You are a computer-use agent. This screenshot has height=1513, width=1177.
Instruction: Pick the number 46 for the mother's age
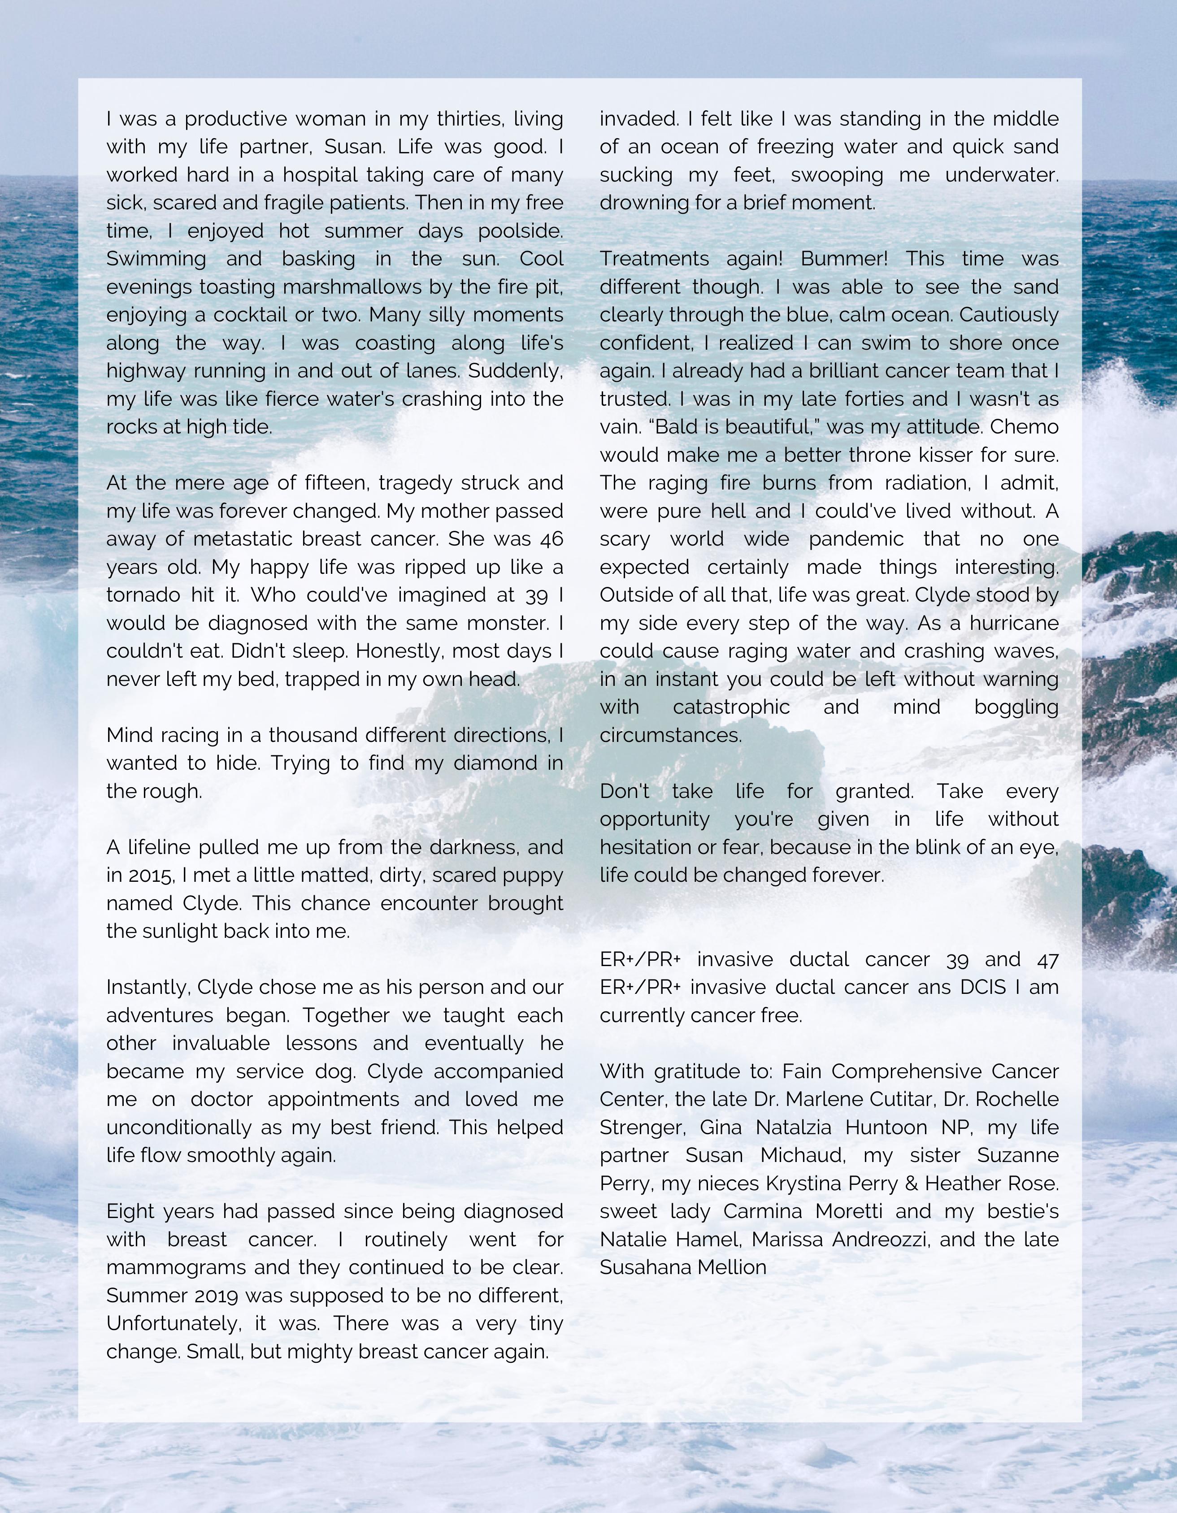click(x=552, y=539)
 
